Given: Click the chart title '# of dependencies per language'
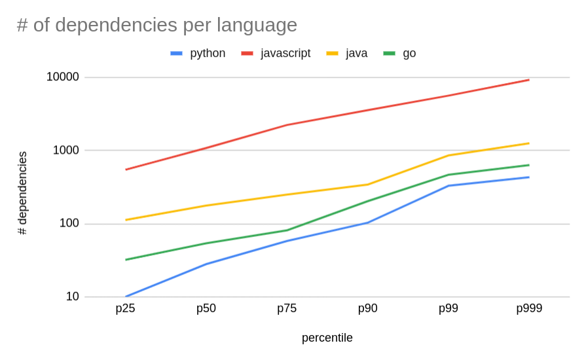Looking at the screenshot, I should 157,25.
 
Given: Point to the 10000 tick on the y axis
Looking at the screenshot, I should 62,77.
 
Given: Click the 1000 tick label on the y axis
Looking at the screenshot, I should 65,151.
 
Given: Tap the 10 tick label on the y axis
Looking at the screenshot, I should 72,297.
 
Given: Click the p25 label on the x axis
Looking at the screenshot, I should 125,308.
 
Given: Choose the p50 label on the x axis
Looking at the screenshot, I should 206,308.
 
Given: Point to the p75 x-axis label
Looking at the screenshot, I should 287,308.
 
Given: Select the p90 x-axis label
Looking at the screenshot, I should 367,308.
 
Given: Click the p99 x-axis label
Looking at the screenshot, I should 449,308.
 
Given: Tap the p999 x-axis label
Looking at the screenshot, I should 529,308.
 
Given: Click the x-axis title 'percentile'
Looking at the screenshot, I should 327,338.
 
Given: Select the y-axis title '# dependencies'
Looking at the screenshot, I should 23,193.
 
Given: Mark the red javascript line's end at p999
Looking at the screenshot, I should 529,80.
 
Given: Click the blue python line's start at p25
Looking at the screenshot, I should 126,297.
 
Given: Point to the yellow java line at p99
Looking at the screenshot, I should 449,155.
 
